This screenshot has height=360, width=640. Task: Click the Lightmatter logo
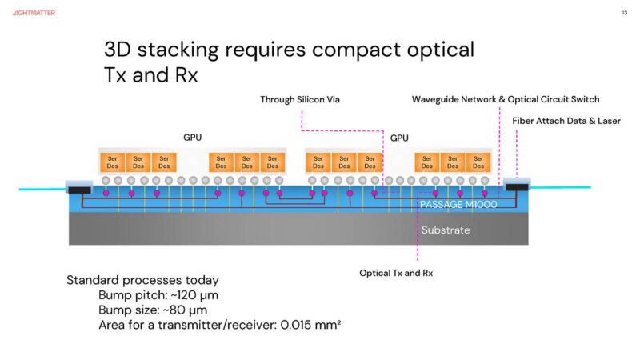pyautogui.click(x=33, y=13)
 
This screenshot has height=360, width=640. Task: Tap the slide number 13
pyautogui.click(x=624, y=13)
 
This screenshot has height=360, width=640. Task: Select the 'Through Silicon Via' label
pyautogui.click(x=301, y=99)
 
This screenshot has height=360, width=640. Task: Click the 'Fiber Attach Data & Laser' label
pyautogui.click(x=566, y=120)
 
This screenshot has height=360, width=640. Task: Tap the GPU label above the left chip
pyautogui.click(x=193, y=138)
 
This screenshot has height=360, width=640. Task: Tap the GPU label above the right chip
pyautogui.click(x=399, y=138)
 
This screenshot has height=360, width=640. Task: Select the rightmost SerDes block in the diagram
pyautogui.click(x=478, y=162)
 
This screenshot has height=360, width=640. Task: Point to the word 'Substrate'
pyautogui.click(x=446, y=230)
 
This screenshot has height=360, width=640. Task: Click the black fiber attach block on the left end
pyautogui.click(x=79, y=190)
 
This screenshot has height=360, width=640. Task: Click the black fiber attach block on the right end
pyautogui.click(x=518, y=188)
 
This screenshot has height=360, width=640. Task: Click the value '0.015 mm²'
pyautogui.click(x=315, y=324)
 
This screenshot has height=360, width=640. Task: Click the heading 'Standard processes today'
pyautogui.click(x=142, y=281)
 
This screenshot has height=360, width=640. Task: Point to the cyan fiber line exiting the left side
pyautogui.click(x=32, y=189)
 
